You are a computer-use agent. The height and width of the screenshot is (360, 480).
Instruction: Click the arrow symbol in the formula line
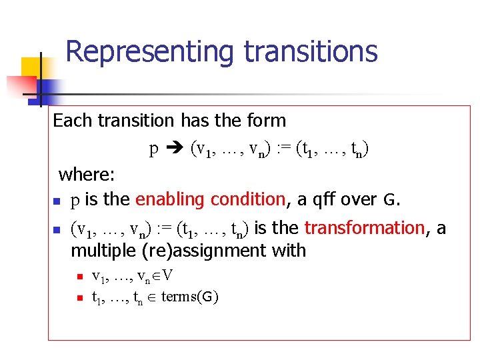click(x=175, y=148)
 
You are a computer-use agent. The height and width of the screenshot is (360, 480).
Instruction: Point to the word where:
click(x=87, y=175)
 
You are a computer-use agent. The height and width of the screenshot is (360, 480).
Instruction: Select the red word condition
click(x=247, y=199)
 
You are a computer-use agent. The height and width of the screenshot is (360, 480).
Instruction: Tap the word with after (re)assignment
click(x=289, y=251)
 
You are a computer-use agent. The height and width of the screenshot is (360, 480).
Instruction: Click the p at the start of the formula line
click(x=153, y=149)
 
